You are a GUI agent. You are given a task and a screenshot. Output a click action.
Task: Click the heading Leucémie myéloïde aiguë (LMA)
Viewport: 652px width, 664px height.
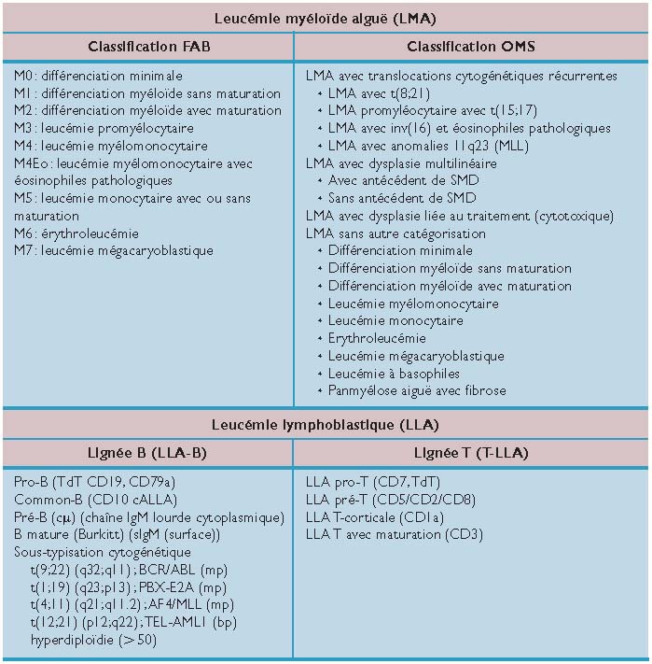click(326, 18)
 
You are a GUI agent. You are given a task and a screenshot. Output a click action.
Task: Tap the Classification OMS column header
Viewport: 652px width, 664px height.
click(471, 47)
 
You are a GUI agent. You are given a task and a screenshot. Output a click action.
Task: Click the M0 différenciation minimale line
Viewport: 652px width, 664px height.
click(99, 76)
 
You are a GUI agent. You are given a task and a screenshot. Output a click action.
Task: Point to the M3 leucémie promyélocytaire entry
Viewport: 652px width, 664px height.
click(104, 128)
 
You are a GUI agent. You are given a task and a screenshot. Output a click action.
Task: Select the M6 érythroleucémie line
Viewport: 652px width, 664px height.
click(76, 233)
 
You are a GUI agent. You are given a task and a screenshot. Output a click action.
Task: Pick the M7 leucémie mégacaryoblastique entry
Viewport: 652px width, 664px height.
click(114, 250)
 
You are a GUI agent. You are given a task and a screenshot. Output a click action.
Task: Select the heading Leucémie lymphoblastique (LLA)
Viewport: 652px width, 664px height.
click(326, 425)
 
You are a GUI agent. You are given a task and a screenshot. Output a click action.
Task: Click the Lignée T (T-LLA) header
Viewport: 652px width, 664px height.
click(471, 453)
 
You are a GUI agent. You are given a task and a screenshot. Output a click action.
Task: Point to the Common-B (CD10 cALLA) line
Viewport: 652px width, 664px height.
click(96, 500)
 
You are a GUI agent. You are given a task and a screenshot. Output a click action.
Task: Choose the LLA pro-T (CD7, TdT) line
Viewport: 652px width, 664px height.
click(372, 483)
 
